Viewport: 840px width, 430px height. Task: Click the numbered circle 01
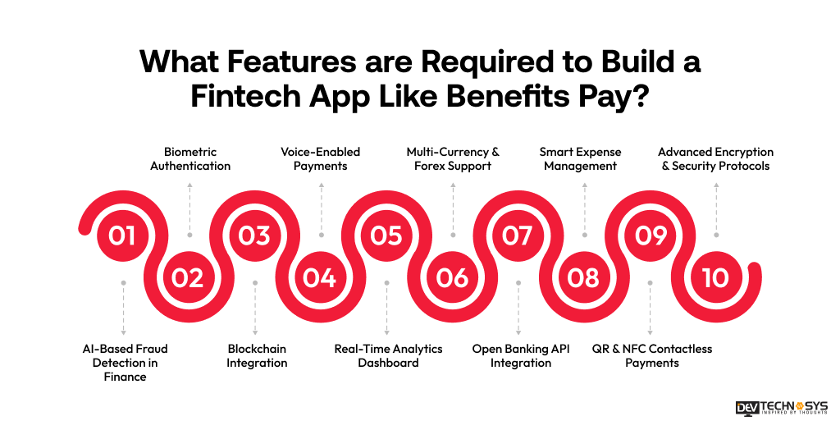(x=122, y=236)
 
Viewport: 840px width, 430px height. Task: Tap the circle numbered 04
(x=320, y=278)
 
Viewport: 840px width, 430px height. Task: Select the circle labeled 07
(x=518, y=236)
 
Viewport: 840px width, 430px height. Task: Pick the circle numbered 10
(x=715, y=278)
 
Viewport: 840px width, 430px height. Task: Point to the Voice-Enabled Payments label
(x=321, y=158)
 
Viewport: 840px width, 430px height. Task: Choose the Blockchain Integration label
(x=257, y=355)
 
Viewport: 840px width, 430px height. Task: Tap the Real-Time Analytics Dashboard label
(x=388, y=355)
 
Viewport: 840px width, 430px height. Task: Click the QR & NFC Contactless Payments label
(x=652, y=355)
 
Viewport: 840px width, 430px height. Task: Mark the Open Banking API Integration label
(x=521, y=355)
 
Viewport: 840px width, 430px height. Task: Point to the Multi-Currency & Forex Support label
(x=453, y=158)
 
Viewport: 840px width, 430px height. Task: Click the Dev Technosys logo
(x=782, y=409)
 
